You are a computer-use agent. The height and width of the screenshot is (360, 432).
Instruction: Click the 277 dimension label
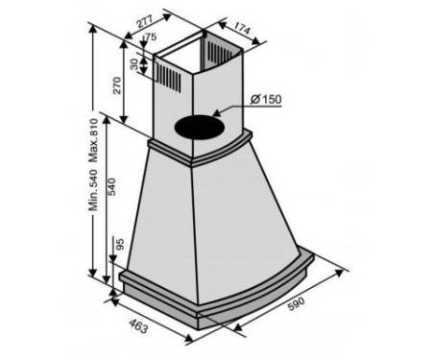click(x=145, y=21)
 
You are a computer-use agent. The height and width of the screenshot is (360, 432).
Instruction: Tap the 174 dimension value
click(x=242, y=28)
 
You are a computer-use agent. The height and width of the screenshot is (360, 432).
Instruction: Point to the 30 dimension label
click(x=134, y=64)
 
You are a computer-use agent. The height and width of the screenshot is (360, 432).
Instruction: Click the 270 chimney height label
click(x=117, y=85)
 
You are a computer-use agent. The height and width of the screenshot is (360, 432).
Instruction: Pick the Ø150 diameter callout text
click(x=266, y=99)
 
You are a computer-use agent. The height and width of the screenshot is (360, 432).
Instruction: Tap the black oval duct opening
click(x=199, y=128)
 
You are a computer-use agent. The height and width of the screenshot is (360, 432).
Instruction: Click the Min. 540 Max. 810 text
click(x=93, y=164)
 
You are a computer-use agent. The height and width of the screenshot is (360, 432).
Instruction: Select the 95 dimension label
click(x=119, y=245)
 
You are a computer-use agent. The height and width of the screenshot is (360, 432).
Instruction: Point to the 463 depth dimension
click(x=138, y=325)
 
